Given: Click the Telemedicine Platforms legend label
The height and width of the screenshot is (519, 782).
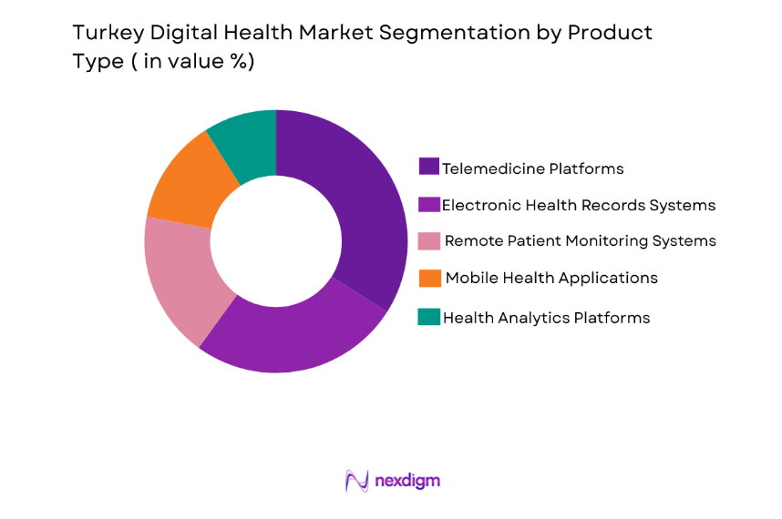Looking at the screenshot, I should [532, 168].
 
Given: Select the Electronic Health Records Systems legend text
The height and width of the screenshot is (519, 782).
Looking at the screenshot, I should [579, 205].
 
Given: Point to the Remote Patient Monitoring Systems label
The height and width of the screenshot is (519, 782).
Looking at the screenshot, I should [580, 241].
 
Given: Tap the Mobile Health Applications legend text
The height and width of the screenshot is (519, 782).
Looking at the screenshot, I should [550, 278].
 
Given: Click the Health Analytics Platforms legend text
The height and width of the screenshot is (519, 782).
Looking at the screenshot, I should [546, 318].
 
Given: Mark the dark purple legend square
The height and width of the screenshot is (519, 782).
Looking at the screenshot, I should [428, 167].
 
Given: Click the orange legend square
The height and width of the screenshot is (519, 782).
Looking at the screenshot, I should [429, 277].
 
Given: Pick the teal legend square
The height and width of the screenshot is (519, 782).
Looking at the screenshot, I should [428, 317].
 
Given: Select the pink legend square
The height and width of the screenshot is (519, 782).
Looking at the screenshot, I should [429, 240].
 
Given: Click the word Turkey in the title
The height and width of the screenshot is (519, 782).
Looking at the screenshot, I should [101, 34].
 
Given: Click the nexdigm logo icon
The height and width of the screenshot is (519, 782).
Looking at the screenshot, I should [356, 481].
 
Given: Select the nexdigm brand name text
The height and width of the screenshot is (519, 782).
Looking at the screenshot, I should [407, 481].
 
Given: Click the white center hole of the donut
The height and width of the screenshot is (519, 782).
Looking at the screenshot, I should [276, 241].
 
